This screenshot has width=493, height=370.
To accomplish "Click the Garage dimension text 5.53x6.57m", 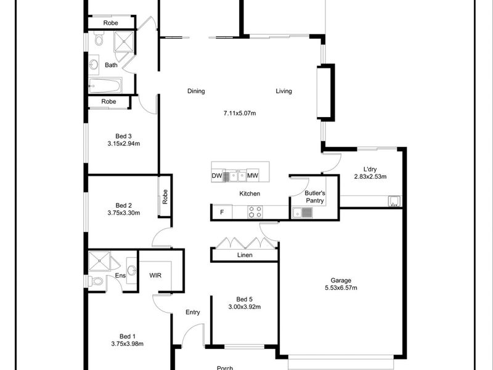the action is coord(341,287).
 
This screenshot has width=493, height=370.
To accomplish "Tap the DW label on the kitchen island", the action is coord(217,176).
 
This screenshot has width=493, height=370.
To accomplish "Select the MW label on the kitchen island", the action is coord(253,176).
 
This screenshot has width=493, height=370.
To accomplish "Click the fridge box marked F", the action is coord(222,212).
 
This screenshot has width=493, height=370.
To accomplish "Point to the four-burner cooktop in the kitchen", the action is coord(255,212).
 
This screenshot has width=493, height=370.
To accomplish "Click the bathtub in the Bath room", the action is coord(105,85).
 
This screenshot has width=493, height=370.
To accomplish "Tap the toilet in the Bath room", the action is coord(99,38).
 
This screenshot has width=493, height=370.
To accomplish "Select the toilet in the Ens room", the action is coord(96,281).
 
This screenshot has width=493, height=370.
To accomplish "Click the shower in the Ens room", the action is coord(99,261).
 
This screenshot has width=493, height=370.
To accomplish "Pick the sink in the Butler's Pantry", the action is coord(303,213).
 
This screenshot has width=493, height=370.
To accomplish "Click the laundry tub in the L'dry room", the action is coord(394,201).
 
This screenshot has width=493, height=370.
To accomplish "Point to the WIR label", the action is coord(155,275).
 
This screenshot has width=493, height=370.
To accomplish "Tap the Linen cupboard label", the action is coord(245,255).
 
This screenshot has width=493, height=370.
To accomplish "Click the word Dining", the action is coord(196,91).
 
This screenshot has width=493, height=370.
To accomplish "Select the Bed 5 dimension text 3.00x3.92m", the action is coord(244,306).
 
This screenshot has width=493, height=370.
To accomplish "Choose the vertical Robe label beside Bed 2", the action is coord(165,196).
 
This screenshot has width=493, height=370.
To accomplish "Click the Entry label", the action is coord(193,312).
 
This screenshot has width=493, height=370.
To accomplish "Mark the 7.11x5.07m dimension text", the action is coord(240,113).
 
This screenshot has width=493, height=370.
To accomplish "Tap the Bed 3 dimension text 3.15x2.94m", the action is coord(124,144).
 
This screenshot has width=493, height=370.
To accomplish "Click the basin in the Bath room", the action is coord(94,65).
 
